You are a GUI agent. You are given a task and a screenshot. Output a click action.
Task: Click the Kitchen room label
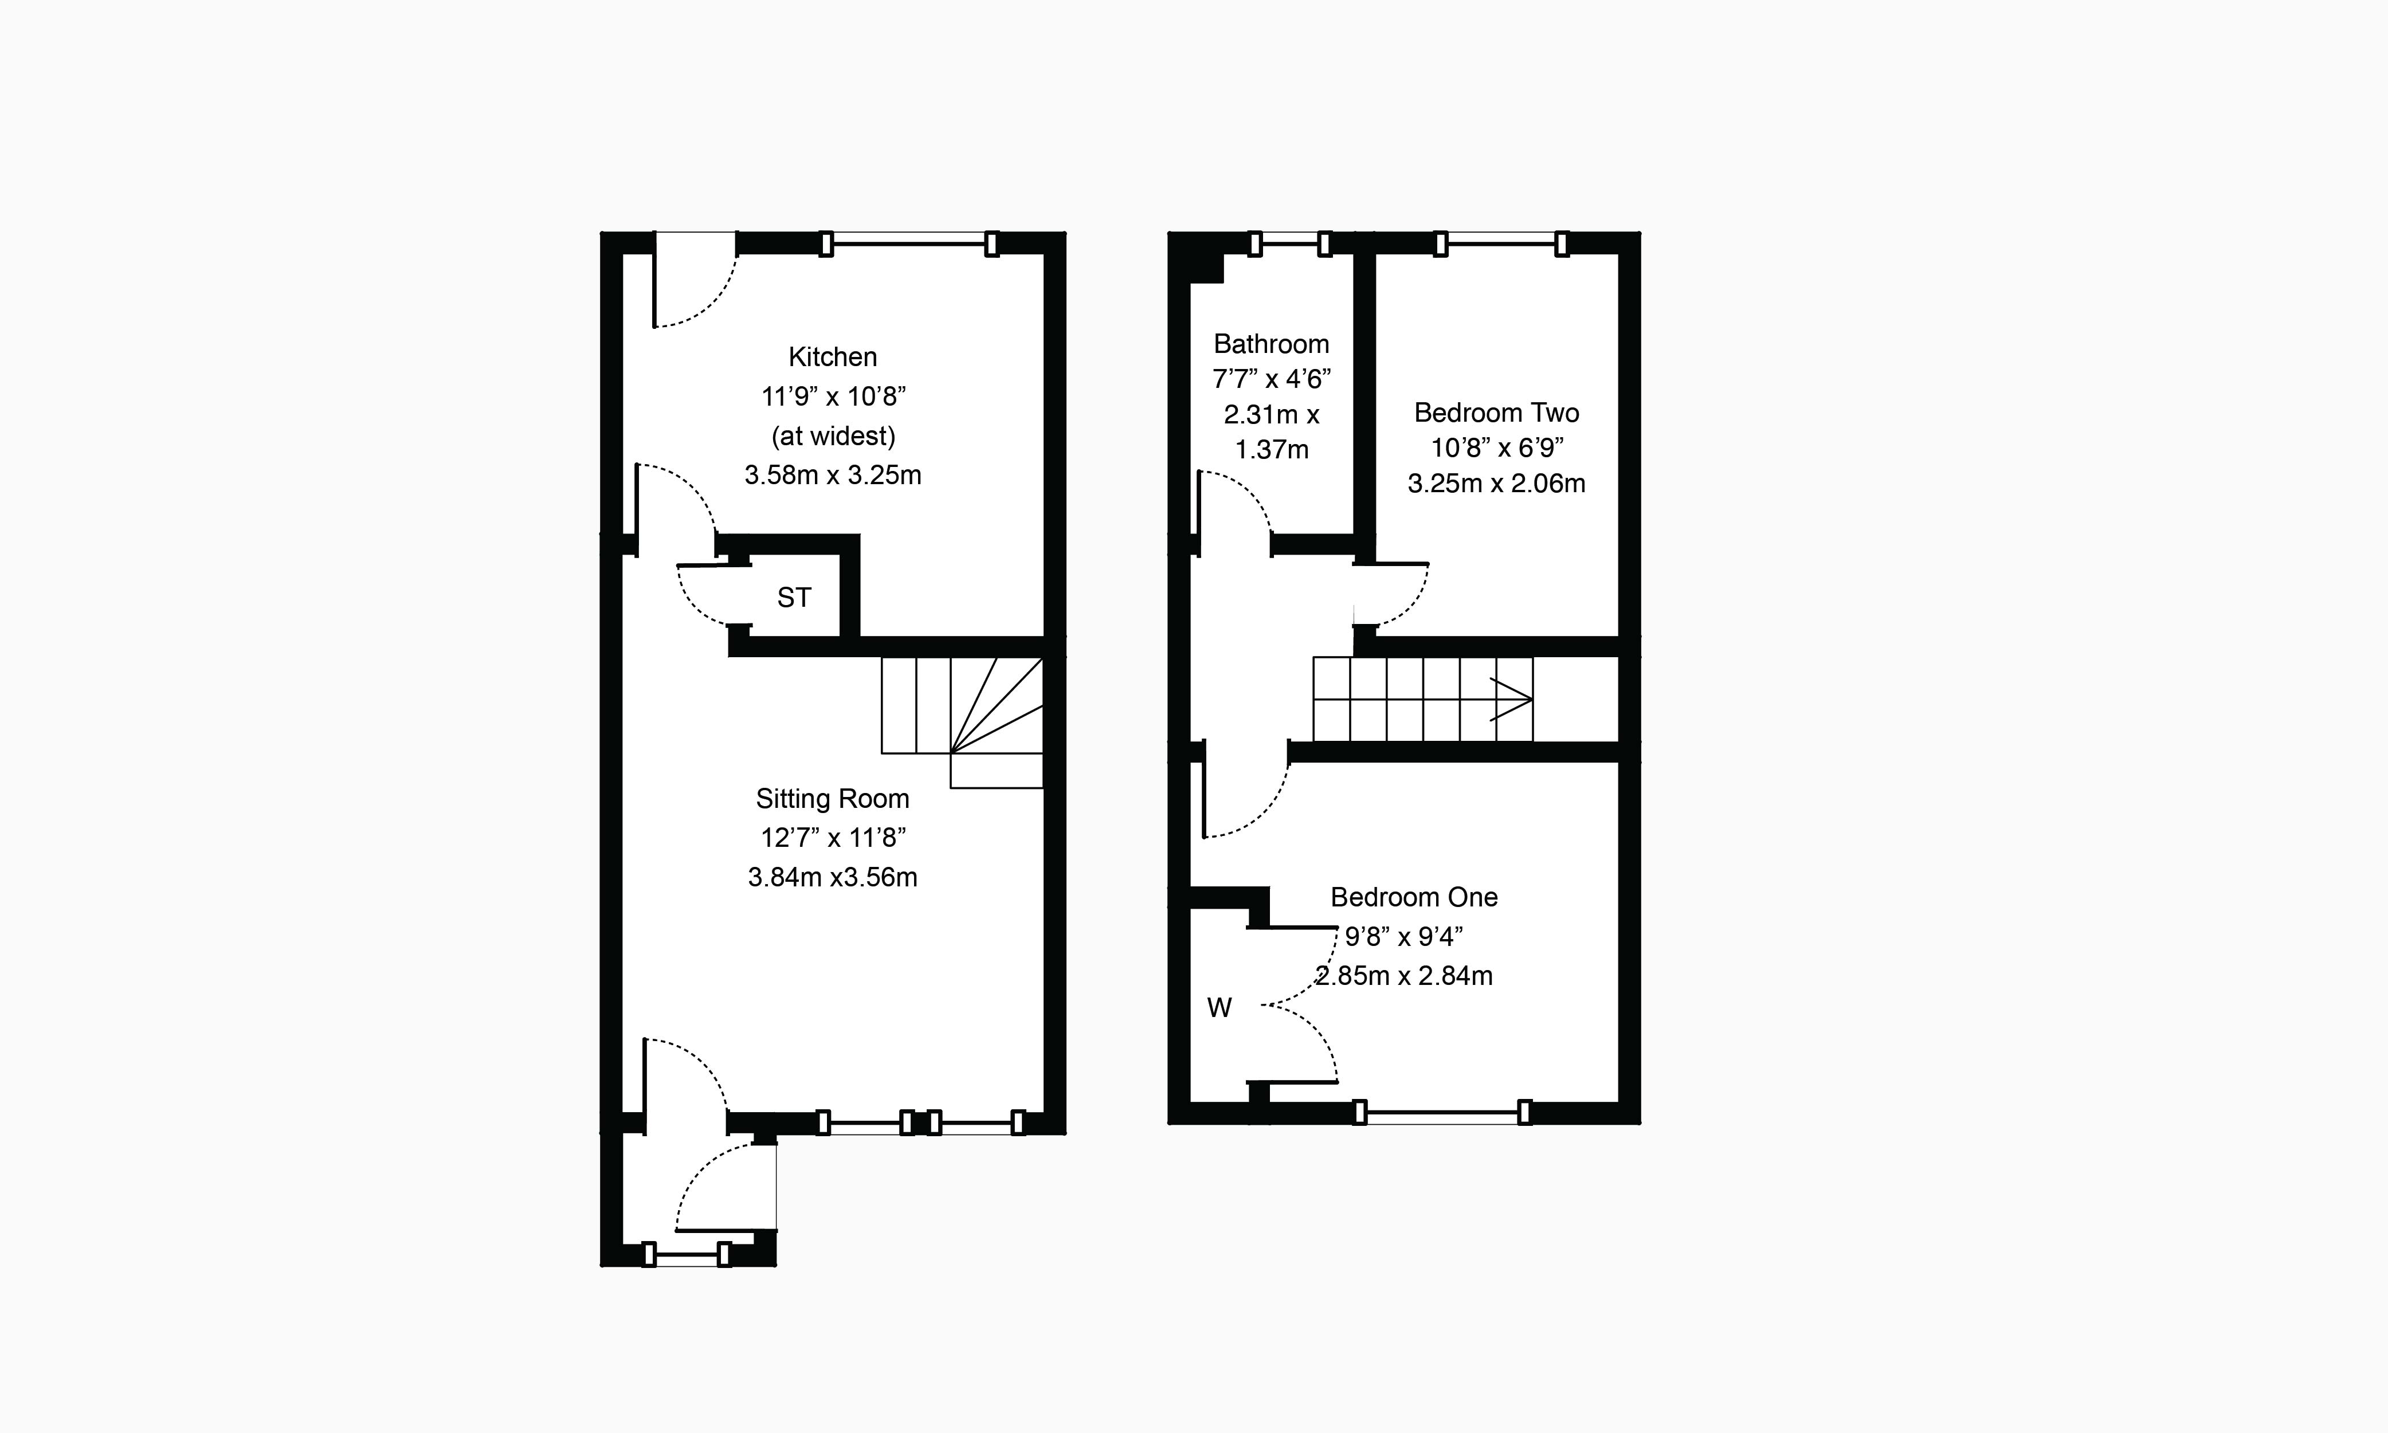coord(832,358)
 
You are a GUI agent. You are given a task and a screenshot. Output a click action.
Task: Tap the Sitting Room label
coord(832,799)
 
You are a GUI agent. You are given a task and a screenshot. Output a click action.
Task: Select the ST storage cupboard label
coord(794,598)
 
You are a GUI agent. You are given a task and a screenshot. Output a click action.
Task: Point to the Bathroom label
coord(1271,344)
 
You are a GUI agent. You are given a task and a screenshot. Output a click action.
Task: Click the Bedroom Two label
coord(1496,413)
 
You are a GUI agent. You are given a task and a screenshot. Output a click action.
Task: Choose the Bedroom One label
coord(1414,897)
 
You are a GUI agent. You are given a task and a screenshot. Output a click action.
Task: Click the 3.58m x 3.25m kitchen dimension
coord(832,475)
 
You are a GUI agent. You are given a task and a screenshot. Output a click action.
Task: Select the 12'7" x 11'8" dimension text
coord(832,838)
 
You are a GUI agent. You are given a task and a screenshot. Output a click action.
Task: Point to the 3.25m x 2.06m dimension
coord(1496,484)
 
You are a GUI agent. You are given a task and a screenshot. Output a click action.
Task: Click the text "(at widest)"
coord(832,437)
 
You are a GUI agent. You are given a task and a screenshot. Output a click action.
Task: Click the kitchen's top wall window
coord(908,244)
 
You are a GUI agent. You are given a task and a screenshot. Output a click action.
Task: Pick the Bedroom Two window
coord(1500,244)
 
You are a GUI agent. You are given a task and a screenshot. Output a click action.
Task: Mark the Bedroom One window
coord(1442,1112)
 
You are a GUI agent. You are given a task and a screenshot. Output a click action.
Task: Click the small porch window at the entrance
coord(685,1255)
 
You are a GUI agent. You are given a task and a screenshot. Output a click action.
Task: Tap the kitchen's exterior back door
coord(695,280)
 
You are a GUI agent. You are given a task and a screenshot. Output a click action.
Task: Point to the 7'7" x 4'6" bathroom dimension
coord(1271,379)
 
